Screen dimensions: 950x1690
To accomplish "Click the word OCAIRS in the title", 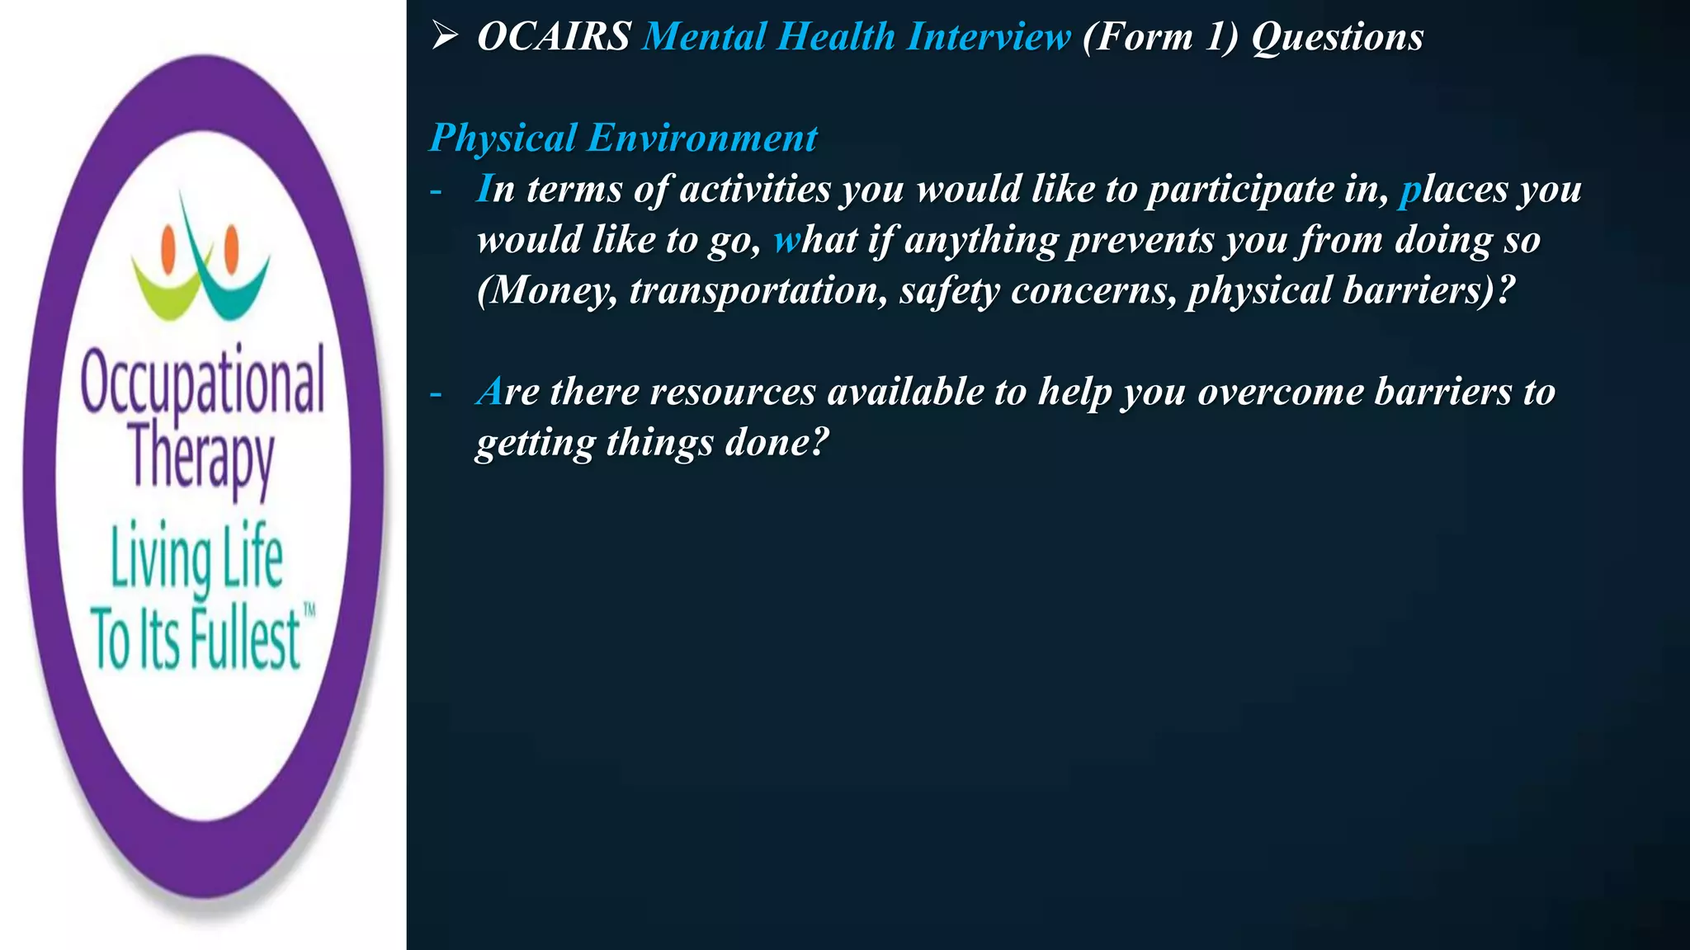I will [554, 37].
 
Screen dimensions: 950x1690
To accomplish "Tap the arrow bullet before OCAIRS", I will [444, 36].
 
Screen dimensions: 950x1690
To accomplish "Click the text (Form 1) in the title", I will [1160, 37].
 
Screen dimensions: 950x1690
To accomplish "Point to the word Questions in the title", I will [1337, 37].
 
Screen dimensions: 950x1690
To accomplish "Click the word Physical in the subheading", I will [503, 138].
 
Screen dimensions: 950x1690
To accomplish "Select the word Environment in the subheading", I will [702, 138].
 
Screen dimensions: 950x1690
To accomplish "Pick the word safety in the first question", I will [949, 290].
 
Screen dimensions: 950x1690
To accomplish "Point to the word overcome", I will [1280, 392].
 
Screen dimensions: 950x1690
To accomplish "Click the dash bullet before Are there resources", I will [436, 393].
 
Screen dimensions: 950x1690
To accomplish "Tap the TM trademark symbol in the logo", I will [309, 611].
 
